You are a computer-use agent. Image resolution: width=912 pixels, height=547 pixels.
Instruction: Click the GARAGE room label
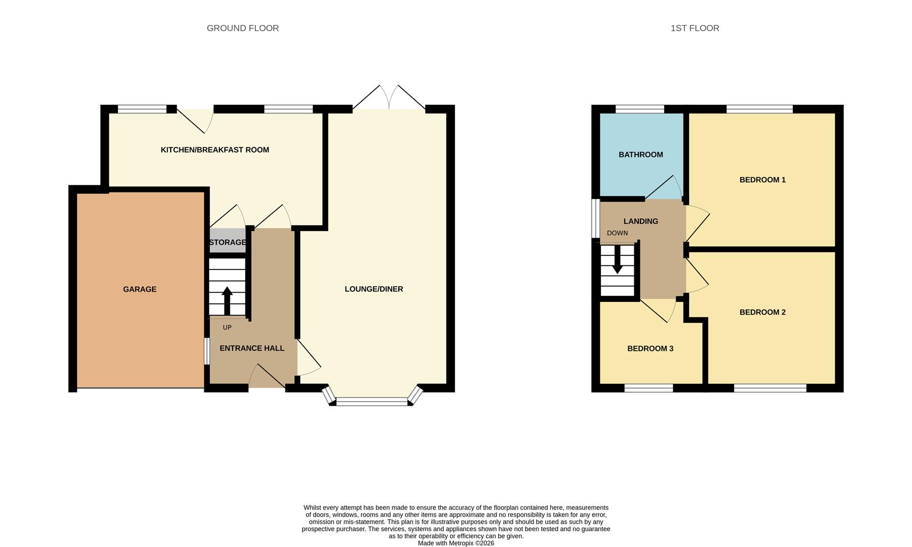pyautogui.click(x=139, y=289)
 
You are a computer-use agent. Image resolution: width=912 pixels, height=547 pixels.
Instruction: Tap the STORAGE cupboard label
pyautogui.click(x=227, y=242)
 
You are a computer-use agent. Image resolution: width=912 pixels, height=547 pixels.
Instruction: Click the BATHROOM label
pyautogui.click(x=640, y=154)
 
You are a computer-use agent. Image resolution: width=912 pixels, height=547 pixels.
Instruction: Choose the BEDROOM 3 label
pyautogui.click(x=650, y=348)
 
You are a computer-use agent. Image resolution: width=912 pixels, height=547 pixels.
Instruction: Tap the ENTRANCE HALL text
pyautogui.click(x=252, y=348)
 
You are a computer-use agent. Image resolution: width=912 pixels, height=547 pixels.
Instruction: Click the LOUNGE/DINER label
pyautogui.click(x=374, y=289)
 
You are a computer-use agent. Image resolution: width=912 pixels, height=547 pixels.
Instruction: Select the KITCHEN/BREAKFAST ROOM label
pyautogui.click(x=215, y=149)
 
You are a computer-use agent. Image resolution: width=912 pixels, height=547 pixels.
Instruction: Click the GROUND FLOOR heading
pyautogui.click(x=243, y=28)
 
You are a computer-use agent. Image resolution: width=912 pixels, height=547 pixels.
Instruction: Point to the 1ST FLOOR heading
pyautogui.click(x=695, y=28)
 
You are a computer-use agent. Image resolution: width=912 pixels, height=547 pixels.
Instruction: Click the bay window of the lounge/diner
pyautogui.click(x=372, y=401)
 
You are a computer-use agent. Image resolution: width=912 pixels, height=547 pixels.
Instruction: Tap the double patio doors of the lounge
pyautogui.click(x=389, y=99)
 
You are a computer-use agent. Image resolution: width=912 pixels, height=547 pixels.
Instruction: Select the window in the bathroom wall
pyautogui.click(x=639, y=109)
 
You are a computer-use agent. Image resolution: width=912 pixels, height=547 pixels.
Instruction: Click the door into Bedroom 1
pyautogui.click(x=697, y=223)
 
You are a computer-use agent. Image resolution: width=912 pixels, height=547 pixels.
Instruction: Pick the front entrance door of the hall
pyautogui.click(x=267, y=376)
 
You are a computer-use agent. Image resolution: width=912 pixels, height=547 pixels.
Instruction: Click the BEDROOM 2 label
pyautogui.click(x=762, y=312)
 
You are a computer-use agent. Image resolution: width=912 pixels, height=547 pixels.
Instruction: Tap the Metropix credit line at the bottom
pyautogui.click(x=455, y=543)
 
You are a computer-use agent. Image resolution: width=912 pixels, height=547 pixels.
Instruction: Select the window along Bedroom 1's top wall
pyautogui.click(x=759, y=109)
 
